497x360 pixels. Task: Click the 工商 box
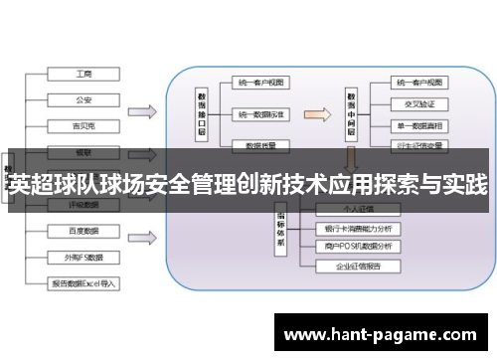tap(83, 74)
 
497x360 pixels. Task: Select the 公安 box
tap(83, 99)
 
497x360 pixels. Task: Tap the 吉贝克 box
tap(83, 126)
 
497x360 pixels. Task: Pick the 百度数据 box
tap(83, 231)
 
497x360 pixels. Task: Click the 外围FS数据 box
tap(83, 256)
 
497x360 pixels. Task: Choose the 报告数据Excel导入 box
tap(83, 282)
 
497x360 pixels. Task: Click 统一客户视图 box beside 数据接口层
tap(261, 83)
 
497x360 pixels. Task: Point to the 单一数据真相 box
tap(416, 126)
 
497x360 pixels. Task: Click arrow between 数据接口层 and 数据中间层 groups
tap(313, 111)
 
